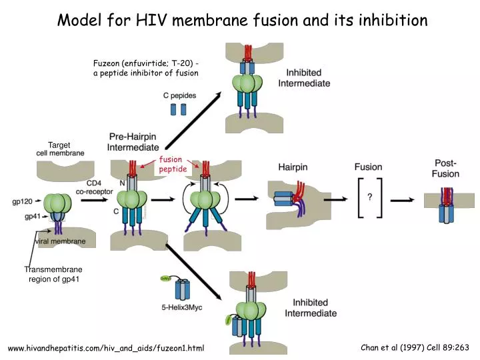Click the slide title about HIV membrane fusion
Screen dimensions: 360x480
tap(242, 20)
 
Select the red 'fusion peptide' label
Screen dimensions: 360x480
tap(173, 165)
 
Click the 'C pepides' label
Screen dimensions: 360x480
tap(180, 95)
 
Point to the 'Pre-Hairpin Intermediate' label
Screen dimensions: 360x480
tap(133, 141)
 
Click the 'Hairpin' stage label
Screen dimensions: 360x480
tap(293, 167)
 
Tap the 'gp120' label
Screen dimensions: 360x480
tap(23, 201)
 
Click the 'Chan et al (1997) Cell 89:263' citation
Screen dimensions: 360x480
tap(415, 347)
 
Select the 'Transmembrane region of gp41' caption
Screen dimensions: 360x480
tap(53, 274)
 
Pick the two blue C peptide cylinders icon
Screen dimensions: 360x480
tap(179, 109)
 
